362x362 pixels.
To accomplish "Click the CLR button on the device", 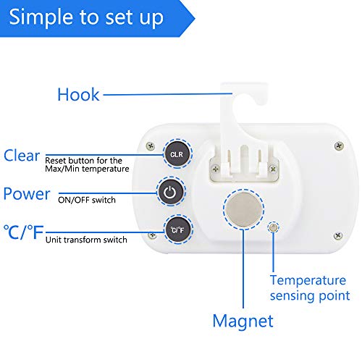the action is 177,154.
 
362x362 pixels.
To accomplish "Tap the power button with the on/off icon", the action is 170,192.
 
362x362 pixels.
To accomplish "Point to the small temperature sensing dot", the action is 273,227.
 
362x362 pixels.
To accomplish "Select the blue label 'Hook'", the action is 78,94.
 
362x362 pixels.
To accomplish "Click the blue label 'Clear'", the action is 22,155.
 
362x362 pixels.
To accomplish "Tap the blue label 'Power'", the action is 27,194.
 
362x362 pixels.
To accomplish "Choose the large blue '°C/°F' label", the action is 23,232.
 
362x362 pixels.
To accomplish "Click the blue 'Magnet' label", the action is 243,321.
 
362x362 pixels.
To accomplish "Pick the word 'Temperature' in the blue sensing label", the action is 308,280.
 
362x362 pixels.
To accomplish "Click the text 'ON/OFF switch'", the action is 87,200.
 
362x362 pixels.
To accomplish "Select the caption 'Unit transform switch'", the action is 86,240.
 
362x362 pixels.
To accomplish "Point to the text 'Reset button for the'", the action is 83,160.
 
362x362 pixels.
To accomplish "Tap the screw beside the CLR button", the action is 151,146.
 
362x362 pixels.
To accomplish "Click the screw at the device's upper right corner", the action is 339,146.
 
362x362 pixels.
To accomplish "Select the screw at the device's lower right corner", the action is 338,235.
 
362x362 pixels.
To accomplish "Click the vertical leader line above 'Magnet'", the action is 243,269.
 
